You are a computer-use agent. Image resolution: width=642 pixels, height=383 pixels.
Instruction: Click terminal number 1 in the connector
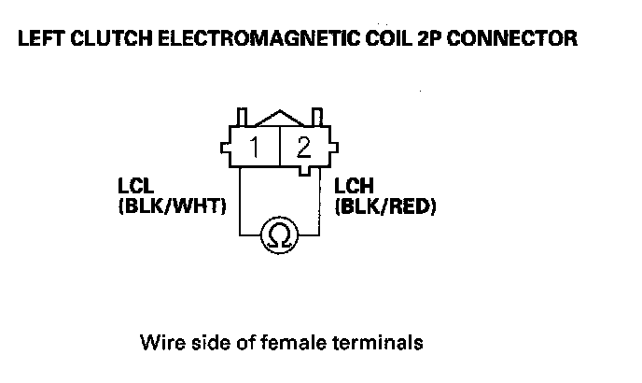tap(256, 147)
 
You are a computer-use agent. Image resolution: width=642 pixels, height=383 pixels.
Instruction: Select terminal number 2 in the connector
tap(304, 147)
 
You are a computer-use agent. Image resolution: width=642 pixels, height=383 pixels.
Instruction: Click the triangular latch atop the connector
tap(279, 116)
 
